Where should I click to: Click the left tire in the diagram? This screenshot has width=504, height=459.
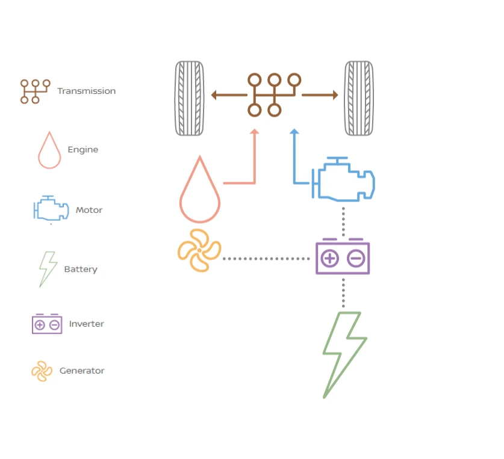pyautogui.click(x=189, y=98)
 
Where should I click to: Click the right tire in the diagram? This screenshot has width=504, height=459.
pyautogui.click(x=359, y=98)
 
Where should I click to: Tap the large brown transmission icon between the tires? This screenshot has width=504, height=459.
pyautogui.click(x=274, y=94)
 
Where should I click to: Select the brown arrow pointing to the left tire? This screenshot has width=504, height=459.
pyautogui.click(x=229, y=95)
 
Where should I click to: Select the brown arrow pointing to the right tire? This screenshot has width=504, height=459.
pyautogui.click(x=320, y=95)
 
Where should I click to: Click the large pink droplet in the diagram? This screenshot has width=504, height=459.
pyautogui.click(x=199, y=193)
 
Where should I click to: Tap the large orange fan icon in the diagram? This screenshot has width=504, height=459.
pyautogui.click(x=199, y=250)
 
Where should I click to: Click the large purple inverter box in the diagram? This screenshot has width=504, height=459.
pyautogui.click(x=343, y=258)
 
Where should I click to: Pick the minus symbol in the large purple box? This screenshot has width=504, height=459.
pyautogui.click(x=356, y=259)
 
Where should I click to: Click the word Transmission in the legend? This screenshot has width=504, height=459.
pyautogui.click(x=86, y=91)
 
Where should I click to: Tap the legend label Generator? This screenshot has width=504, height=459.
pyautogui.click(x=82, y=371)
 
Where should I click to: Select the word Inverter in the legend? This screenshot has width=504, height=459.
pyautogui.click(x=86, y=324)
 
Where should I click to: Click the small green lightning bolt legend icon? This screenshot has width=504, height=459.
pyautogui.click(x=48, y=269)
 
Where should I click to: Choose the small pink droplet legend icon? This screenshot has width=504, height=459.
pyautogui.click(x=49, y=150)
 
